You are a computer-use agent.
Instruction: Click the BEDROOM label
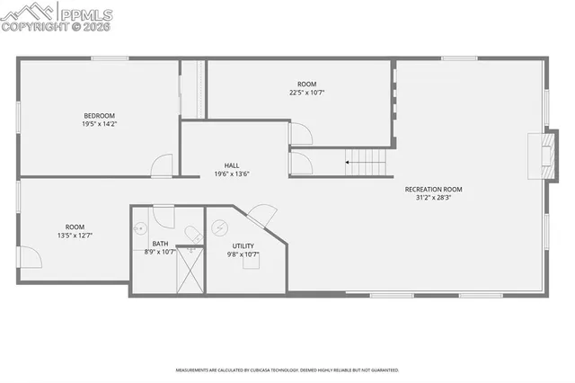coord(99,115)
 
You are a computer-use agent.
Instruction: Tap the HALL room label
coord(232,165)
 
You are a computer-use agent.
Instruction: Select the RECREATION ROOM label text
coord(433,189)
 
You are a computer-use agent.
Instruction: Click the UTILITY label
coord(243,245)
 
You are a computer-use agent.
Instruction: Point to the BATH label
coord(160,244)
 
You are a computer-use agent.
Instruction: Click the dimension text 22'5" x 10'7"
coord(307,92)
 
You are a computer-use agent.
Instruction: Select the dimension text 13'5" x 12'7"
coord(75,235)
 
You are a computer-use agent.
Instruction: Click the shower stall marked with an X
coord(190,270)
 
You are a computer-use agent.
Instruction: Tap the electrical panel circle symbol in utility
coord(218,228)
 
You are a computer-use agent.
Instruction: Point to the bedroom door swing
coord(161,165)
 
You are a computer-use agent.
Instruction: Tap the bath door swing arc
coord(164,217)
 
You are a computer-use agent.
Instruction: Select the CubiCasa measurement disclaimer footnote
coord(287,370)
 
